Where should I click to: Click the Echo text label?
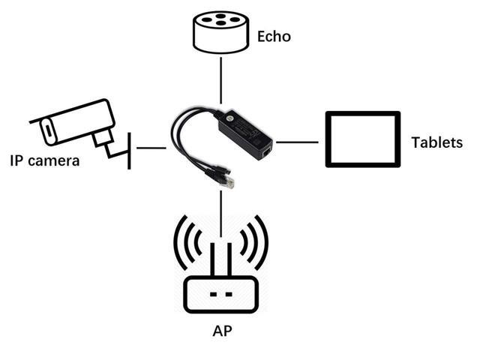coord(274,37)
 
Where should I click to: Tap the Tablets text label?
coord(436,142)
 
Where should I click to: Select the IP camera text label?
coord(45,160)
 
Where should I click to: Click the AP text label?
coord(222,331)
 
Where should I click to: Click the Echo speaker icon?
coord(220,32)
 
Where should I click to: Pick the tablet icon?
coord(363,139)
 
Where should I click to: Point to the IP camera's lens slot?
coord(48,130)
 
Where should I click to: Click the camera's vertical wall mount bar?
coord(129,151)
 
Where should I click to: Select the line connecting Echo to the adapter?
coord(221,80)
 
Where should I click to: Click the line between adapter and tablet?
coord(297,142)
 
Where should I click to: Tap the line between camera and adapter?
coord(151,148)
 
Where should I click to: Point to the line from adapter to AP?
coord(220,213)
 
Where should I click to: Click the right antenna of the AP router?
coord(229,259)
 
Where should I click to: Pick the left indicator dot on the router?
coord(213,294)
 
